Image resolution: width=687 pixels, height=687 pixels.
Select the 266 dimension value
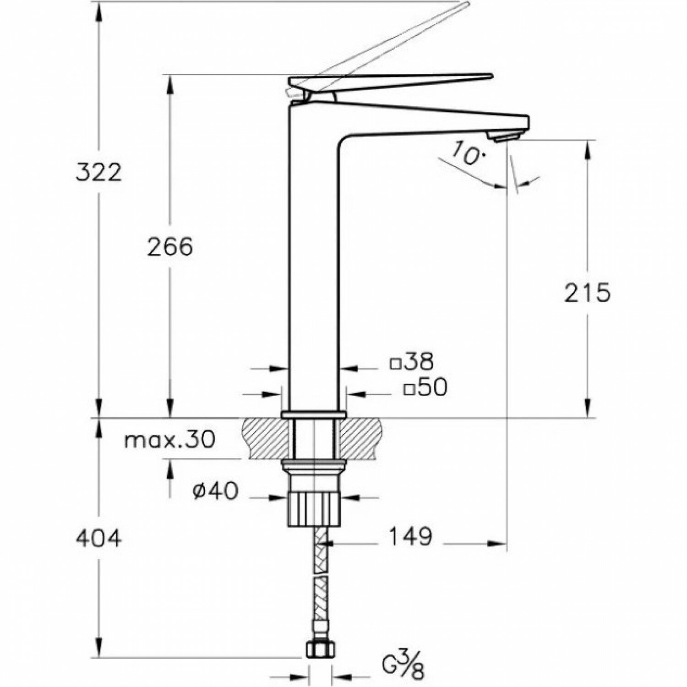pyautogui.click(x=170, y=247)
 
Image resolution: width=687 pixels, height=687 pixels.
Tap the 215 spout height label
pyautogui.click(x=587, y=293)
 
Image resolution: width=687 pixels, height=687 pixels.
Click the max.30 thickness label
pyautogui.click(x=169, y=441)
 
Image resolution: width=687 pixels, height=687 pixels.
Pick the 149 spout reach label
pyautogui.click(x=410, y=537)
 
